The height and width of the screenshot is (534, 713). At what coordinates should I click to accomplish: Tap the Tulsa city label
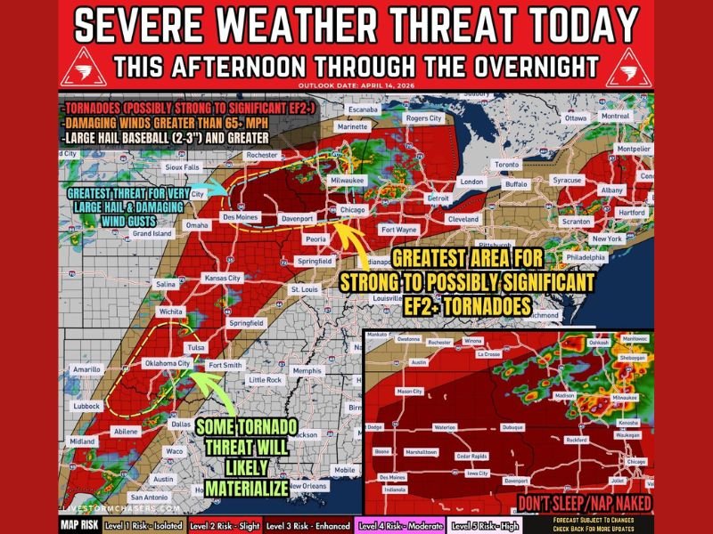[x=195, y=347]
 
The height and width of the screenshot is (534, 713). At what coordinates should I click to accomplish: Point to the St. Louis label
[x=305, y=290]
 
